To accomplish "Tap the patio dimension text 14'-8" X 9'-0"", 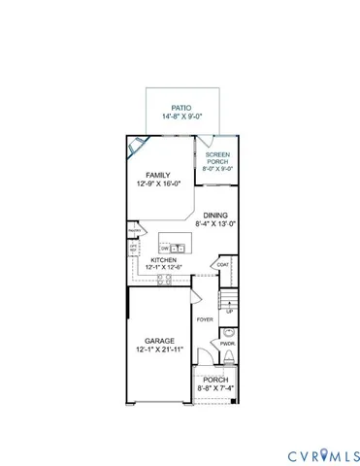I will pyautogui.click(x=180, y=116).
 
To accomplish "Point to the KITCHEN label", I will pyautogui.click(x=161, y=260).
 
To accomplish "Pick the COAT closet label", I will pyautogui.click(x=222, y=264).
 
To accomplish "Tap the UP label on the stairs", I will pyautogui.click(x=229, y=312).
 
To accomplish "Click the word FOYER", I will pyautogui.click(x=205, y=318).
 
